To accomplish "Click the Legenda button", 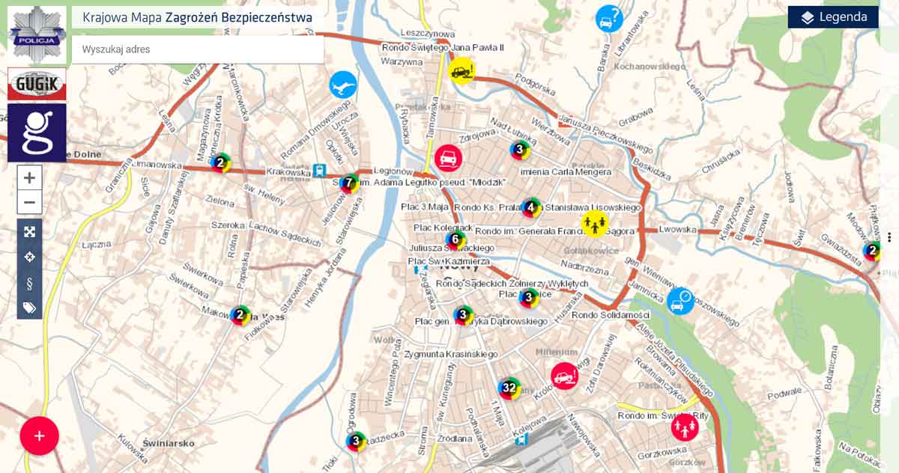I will pos(833,17).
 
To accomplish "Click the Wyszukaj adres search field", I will pos(198,49).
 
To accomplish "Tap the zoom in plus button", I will pos(30,178).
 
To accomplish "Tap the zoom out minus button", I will pos(30,202).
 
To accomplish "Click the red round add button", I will pos(40,436).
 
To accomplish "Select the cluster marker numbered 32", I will pos(509,388).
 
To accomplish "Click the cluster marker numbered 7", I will pos(349,182).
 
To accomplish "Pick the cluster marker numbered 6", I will pos(455,239).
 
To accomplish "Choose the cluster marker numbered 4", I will pos(531,207).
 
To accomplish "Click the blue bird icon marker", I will pos(343,85).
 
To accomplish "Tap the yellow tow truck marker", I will pos(461,71).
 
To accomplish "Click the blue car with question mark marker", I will pos(609,18).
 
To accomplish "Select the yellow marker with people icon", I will pos(594,222).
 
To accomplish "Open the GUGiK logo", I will pos(37,84).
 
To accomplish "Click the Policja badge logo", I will pos(37,34).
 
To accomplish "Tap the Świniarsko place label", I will pos(169,442).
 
